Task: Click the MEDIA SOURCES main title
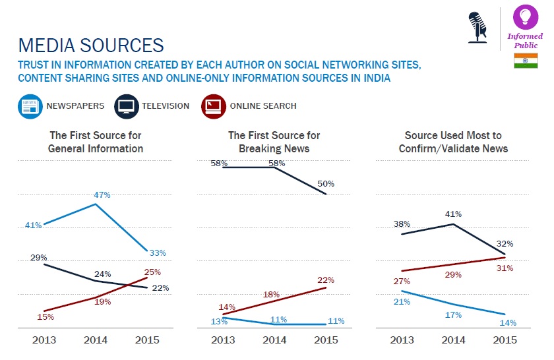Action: (91, 45)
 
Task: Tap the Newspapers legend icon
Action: (29, 106)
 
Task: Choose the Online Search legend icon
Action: (212, 106)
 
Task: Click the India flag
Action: (525, 61)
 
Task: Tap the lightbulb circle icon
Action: (526, 16)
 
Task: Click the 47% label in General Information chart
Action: (102, 195)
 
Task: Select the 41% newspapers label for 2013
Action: (33, 225)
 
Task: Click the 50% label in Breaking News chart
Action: (326, 184)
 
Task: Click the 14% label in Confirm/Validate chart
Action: (507, 322)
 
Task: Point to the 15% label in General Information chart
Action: (46, 317)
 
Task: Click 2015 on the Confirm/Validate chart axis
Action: (505, 340)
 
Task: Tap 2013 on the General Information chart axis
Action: (44, 340)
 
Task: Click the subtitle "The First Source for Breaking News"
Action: (274, 142)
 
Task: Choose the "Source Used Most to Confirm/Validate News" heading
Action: (453, 142)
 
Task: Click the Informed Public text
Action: (526, 41)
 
